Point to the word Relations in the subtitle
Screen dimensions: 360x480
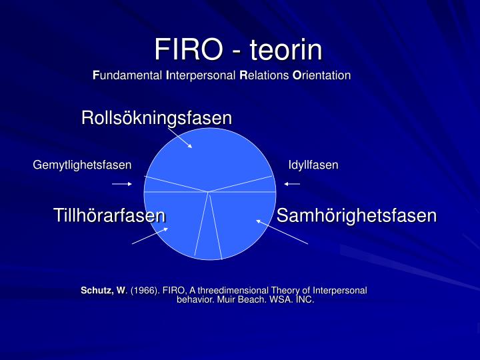coord(263,75)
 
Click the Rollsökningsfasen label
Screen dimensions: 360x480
coord(157,118)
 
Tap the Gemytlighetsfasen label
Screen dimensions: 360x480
coord(83,165)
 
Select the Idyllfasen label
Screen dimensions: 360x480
coord(313,165)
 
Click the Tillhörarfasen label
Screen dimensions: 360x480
coord(109,215)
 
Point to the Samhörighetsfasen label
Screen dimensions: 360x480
coord(357,215)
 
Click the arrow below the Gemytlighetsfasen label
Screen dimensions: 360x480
coord(122,183)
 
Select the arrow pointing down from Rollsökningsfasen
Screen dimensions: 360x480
coord(180,138)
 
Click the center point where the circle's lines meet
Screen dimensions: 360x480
coord(209,192)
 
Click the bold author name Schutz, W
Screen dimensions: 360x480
coord(103,291)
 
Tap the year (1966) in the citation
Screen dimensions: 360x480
coord(143,291)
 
